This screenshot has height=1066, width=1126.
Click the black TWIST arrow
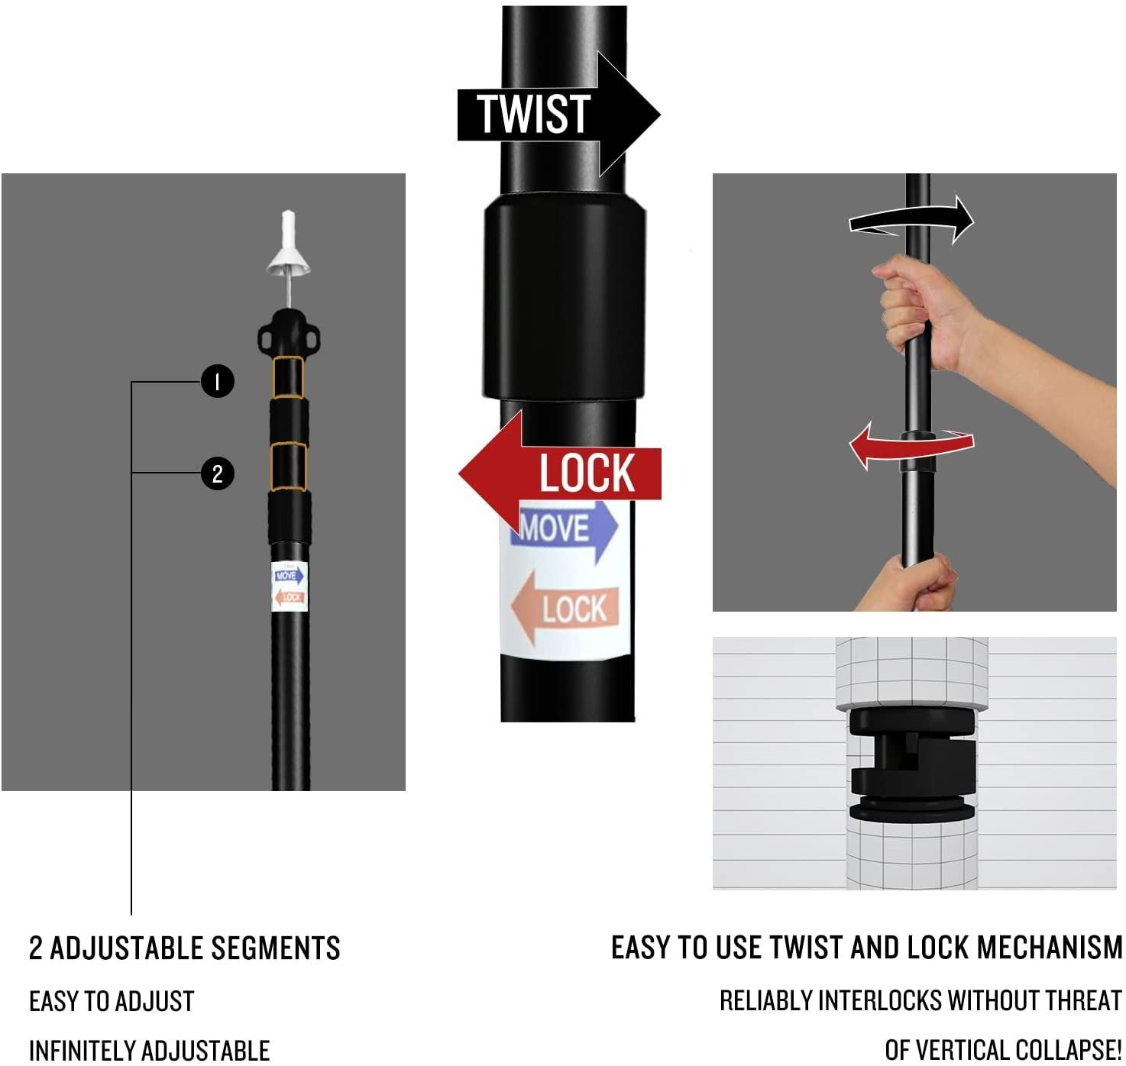(x=558, y=115)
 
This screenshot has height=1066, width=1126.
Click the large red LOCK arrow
(x=560, y=473)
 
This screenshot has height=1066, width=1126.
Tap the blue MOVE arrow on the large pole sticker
(x=564, y=530)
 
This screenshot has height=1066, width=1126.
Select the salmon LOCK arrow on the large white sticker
(x=564, y=608)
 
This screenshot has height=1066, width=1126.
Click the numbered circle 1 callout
(x=217, y=381)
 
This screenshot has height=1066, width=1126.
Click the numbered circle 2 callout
(x=217, y=473)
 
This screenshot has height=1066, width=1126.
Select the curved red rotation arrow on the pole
(x=911, y=445)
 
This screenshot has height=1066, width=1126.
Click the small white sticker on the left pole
(x=289, y=586)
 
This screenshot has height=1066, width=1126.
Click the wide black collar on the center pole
(x=565, y=298)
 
